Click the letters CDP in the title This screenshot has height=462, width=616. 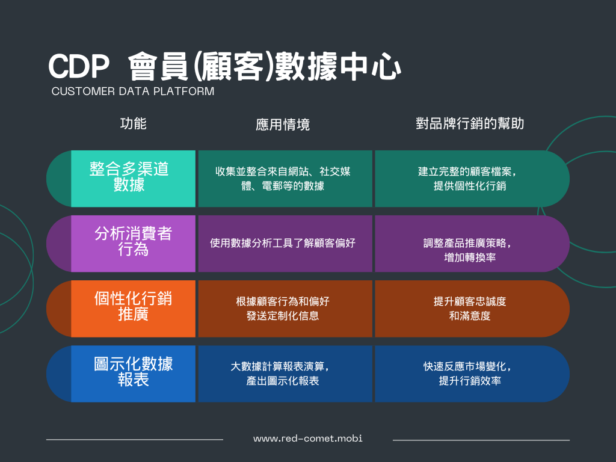coord(79,66)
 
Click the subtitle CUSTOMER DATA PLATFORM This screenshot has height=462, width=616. coord(133,91)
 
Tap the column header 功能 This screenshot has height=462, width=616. coord(133,123)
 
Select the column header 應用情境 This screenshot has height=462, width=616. coord(283,125)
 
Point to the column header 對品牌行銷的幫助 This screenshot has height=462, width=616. coord(470,123)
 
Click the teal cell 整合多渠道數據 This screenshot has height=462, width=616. coord(133,179)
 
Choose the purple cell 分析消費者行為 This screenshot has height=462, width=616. coord(133,244)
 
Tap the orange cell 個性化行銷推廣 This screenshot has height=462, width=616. coord(133,309)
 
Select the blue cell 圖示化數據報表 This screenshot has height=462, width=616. coord(133,374)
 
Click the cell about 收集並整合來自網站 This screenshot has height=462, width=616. coord(285,179)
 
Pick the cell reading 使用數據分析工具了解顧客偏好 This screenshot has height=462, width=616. coord(285,244)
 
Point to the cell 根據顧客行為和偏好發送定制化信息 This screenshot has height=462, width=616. coord(285,309)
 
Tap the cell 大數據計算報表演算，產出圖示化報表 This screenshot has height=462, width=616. coord(285,374)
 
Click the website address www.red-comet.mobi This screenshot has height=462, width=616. coord(307,439)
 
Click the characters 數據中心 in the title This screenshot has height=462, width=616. coord(338,66)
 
